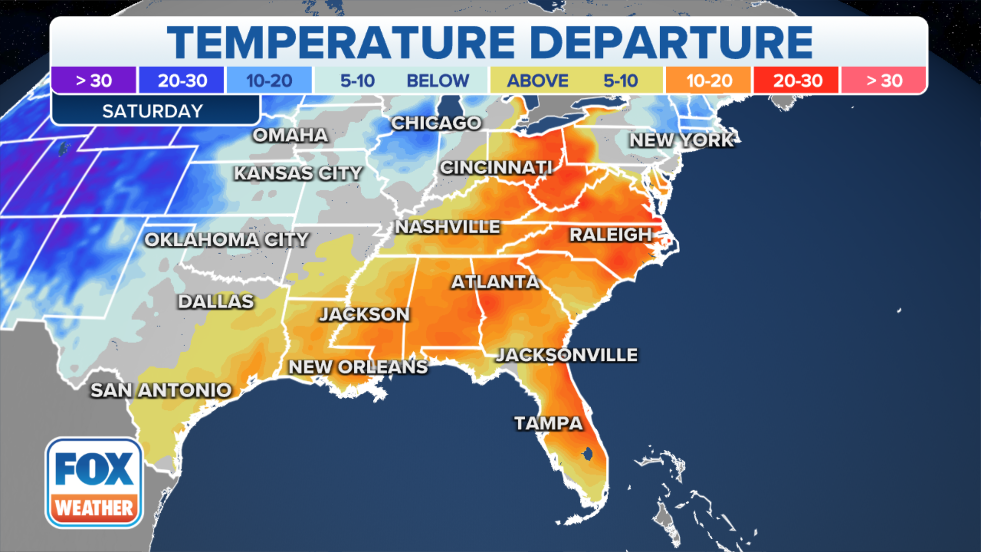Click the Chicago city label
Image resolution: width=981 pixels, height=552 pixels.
[x=436, y=123]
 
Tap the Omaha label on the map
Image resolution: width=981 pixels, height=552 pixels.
[x=290, y=135]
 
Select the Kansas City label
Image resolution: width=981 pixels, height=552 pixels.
[x=298, y=174]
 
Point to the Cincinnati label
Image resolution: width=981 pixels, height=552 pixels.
[x=496, y=168]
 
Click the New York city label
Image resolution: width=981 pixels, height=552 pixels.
[x=682, y=140]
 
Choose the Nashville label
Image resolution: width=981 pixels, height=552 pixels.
[x=448, y=227]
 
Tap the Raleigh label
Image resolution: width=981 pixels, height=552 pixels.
[x=611, y=235]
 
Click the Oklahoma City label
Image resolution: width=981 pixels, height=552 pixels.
[x=226, y=240]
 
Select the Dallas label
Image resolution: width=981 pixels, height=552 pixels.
[x=216, y=302]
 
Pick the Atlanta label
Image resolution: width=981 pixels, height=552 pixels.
[x=495, y=282]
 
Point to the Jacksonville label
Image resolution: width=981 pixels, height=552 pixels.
[x=567, y=355]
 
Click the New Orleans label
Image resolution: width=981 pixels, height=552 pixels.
[x=358, y=367]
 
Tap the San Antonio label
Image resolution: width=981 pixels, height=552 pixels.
[x=161, y=390]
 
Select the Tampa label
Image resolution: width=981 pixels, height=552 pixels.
[x=548, y=424]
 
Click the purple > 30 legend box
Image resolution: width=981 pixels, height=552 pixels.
[x=94, y=81]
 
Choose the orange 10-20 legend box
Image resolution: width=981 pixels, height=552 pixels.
[x=709, y=81]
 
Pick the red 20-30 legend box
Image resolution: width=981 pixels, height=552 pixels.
[x=797, y=81]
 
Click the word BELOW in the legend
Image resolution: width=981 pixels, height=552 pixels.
[x=437, y=81]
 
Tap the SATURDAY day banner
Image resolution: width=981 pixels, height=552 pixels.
[x=153, y=111]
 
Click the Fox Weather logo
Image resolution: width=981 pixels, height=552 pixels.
[x=94, y=482]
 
